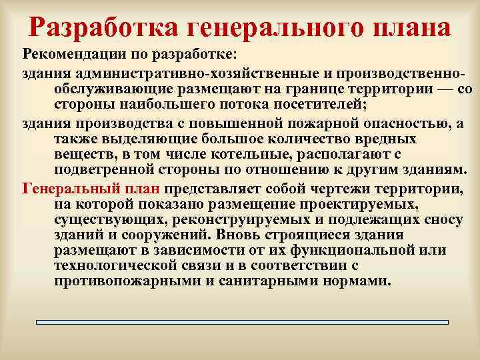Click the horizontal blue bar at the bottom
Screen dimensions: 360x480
pyautogui.click(x=242, y=323)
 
